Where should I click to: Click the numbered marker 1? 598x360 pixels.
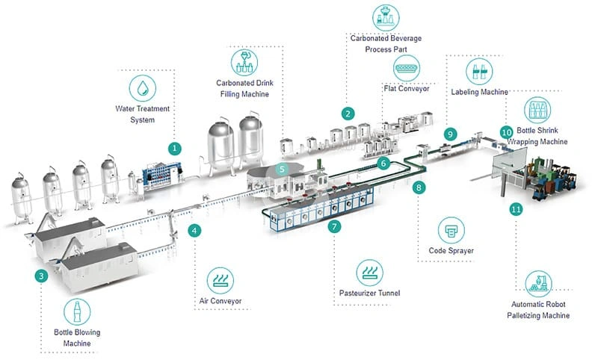(174, 148)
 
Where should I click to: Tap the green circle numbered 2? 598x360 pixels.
(348, 114)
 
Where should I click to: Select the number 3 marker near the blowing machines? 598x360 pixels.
(42, 276)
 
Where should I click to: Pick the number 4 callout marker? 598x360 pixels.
(194, 231)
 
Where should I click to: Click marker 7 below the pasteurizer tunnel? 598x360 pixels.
(334, 226)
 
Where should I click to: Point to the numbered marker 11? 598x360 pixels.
(515, 210)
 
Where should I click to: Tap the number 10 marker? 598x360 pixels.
(506, 131)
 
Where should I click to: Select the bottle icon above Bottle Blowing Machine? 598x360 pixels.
(76, 311)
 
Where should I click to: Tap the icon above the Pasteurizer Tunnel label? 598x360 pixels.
(369, 272)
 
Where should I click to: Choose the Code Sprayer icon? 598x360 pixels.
(450, 229)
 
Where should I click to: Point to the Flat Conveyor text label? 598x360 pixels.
(407, 89)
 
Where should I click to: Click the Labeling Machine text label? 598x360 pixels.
(479, 92)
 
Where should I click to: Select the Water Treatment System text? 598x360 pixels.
(142, 114)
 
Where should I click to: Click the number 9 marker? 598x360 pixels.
(449, 134)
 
